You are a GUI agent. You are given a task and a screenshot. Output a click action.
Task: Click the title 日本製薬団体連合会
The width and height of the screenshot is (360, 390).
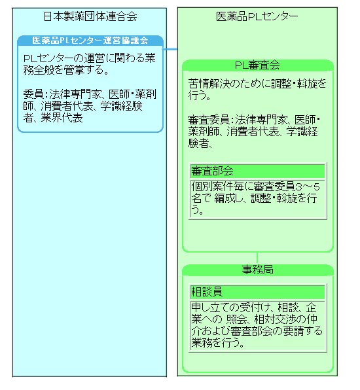90,16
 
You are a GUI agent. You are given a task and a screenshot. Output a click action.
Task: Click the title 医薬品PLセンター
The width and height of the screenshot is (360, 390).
257,16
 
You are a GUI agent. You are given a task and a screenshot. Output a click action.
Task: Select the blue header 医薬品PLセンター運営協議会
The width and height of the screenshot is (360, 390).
90,41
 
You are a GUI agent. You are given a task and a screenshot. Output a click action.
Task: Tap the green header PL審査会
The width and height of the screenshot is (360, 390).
257,65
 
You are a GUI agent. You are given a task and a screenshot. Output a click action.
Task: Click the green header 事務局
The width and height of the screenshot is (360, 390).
257,270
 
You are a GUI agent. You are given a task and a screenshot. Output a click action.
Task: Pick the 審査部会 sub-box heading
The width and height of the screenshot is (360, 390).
212,171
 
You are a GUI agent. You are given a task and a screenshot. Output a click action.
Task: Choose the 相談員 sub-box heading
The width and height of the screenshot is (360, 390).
207,292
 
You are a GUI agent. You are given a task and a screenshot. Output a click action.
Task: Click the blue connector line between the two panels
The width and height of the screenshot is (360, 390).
170,49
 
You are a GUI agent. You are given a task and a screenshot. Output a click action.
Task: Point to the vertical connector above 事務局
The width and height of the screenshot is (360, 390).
257,258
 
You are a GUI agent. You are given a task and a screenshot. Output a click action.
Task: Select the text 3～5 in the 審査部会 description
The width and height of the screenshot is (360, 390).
307,186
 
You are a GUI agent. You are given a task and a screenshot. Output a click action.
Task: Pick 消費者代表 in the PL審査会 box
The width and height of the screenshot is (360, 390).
253,132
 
